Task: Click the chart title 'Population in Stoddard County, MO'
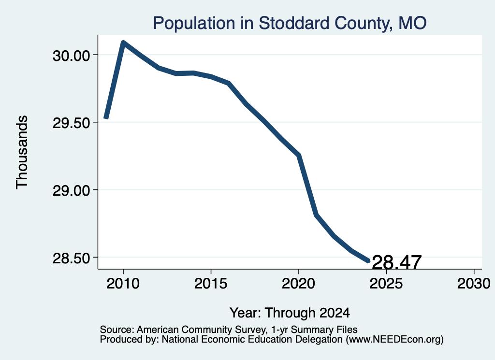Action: pyautogui.click(x=290, y=23)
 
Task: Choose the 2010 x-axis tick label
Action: pyautogui.click(x=123, y=284)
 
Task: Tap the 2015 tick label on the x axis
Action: pyautogui.click(x=211, y=284)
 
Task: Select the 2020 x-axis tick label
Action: pyautogui.click(x=298, y=284)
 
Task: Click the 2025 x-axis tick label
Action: pyautogui.click(x=386, y=284)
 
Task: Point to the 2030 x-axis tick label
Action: pyautogui.click(x=474, y=284)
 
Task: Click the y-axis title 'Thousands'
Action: pyautogui.click(x=22, y=152)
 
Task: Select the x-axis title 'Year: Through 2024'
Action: pyautogui.click(x=290, y=313)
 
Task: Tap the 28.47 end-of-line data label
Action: pyautogui.click(x=397, y=262)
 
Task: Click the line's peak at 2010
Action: pyautogui.click(x=123, y=43)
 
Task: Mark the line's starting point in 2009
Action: pyautogui.click(x=106, y=118)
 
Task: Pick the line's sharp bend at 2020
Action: pyautogui.click(x=298, y=155)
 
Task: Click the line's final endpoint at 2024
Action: pyautogui.click(x=368, y=261)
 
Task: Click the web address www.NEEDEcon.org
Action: pyautogui.click(x=394, y=340)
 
